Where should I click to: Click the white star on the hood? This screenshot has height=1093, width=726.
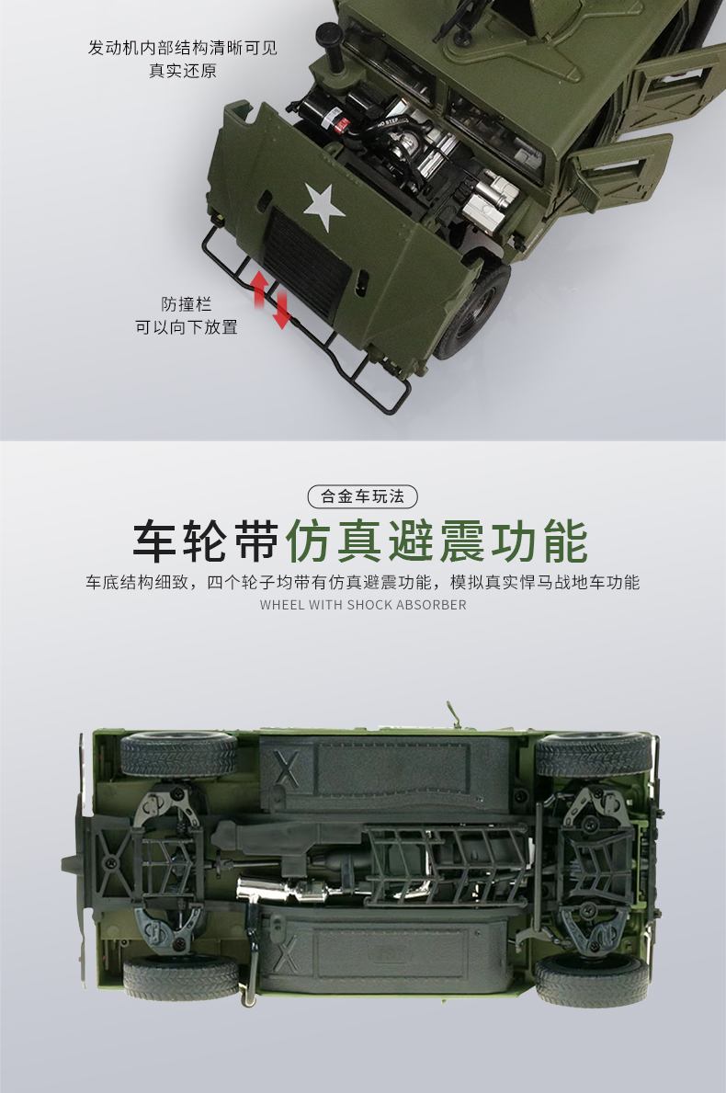pyautogui.click(x=324, y=206)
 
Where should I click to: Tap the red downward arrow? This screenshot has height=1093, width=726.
pyautogui.click(x=281, y=310)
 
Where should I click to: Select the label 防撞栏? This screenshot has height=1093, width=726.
pyautogui.click(x=186, y=304)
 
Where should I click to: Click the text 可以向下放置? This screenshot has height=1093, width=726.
pyautogui.click(x=186, y=327)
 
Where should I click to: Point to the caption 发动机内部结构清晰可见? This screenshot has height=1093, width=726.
pyautogui.click(x=183, y=48)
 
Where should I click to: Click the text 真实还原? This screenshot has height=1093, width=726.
pyautogui.click(x=183, y=71)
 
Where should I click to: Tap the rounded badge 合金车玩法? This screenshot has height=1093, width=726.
pyautogui.click(x=362, y=496)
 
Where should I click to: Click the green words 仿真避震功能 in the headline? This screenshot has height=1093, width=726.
pyautogui.click(x=437, y=541)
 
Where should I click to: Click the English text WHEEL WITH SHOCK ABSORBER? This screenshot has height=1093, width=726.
pyautogui.click(x=363, y=605)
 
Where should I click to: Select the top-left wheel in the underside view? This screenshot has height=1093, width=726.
pyautogui.click(x=178, y=753)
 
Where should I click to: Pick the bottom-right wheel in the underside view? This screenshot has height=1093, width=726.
pyautogui.click(x=591, y=980)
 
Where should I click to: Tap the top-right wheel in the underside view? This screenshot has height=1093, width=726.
pyautogui.click(x=593, y=755)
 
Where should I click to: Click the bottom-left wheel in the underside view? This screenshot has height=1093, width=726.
pyautogui.click(x=181, y=978)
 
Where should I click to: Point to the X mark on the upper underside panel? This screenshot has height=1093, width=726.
pyautogui.click(x=287, y=769)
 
